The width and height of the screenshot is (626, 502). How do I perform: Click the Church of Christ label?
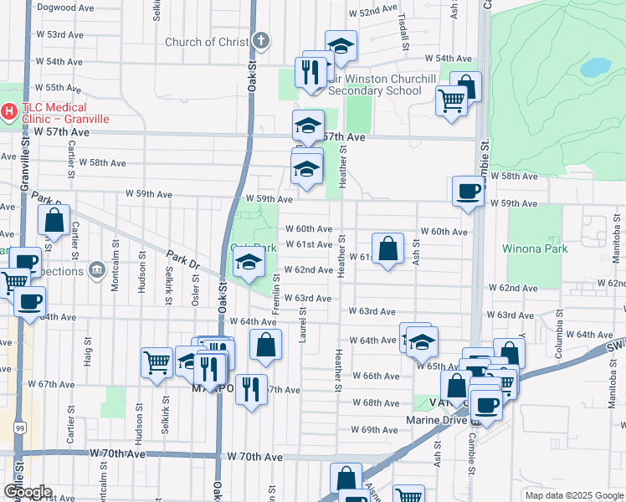(207, 42)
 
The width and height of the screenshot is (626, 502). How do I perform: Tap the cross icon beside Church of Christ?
(261, 40)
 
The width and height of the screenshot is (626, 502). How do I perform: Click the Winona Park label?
(535, 248)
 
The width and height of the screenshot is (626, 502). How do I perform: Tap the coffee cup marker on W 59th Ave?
(467, 192)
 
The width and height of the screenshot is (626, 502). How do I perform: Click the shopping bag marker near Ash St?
(387, 248)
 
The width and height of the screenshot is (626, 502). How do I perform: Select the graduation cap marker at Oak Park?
(249, 264)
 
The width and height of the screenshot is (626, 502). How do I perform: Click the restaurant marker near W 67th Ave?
(251, 388)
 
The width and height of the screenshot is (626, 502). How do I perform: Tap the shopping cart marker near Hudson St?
(156, 363)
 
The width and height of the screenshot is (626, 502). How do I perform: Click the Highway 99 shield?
(19, 428)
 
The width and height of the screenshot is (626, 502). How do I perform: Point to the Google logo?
(28, 492)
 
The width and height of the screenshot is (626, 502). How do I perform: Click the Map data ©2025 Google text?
(573, 495)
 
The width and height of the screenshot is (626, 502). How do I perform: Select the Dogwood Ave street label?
(64, 8)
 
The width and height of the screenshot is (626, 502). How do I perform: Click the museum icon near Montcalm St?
(97, 270)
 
